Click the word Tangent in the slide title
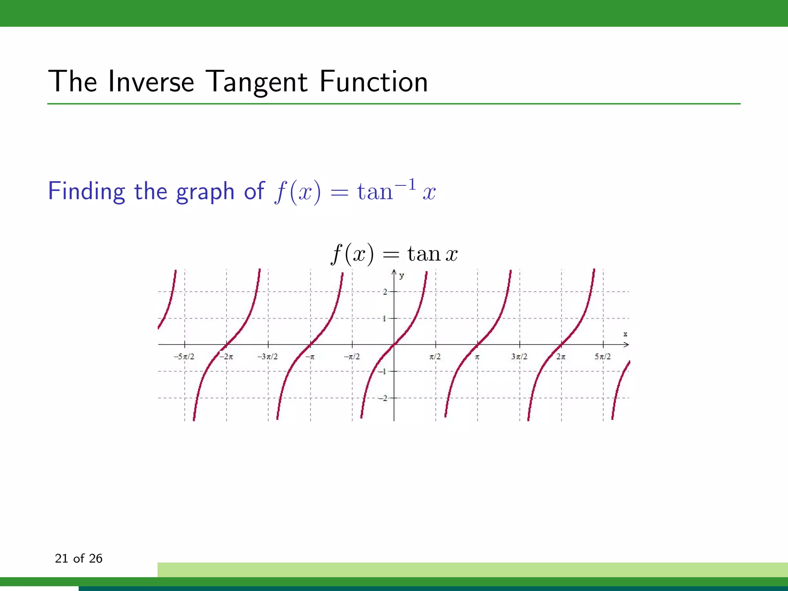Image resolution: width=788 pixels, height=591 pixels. coord(257,82)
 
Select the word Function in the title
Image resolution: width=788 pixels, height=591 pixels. coord(373,82)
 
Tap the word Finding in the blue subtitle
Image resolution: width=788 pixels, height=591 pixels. coord(86,191)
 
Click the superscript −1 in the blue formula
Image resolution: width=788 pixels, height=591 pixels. coord(407,184)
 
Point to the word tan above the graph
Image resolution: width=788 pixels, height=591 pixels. coord(424,254)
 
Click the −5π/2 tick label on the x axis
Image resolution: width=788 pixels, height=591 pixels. coord(184,357)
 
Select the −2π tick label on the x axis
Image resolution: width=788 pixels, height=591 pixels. coord(226,357)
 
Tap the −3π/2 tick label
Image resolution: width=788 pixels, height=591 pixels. coord(267,357)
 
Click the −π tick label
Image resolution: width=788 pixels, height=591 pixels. coord(310,357)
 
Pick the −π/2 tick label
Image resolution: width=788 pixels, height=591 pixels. coord(352,357)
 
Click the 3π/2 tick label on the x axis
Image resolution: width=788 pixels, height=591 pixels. coord(519,357)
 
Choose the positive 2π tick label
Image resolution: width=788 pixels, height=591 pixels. coord(561,357)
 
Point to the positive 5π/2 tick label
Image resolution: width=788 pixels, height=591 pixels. coord(603,357)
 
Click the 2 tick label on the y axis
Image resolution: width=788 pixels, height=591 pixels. coord(385,292)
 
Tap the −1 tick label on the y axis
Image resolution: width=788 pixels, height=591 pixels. coord(382,371)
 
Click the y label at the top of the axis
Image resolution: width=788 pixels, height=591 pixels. coord(402,275)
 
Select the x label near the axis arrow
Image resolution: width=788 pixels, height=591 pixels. coord(625,334)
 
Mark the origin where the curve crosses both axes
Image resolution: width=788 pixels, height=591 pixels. coord(394,345)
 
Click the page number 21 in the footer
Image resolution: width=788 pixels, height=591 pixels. coord(62,558)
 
